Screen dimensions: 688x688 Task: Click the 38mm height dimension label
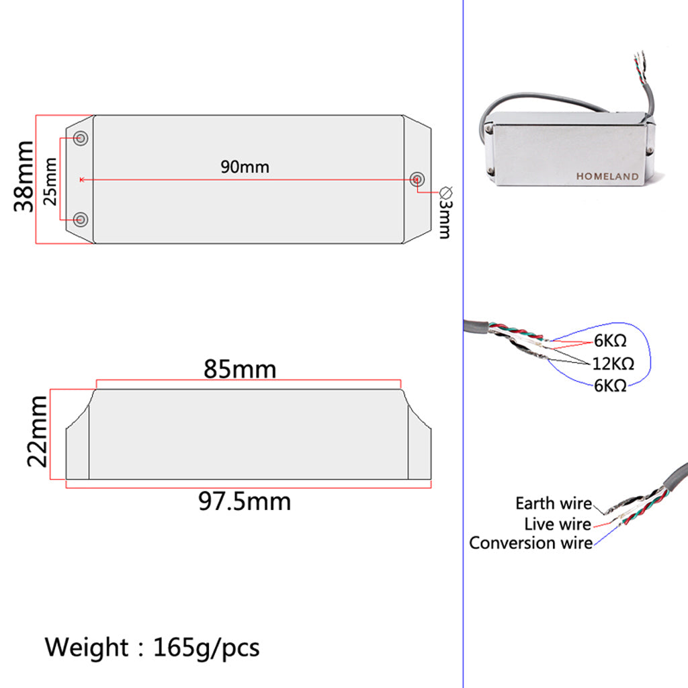coord(26,177)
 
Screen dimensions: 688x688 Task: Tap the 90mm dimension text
coord(245,167)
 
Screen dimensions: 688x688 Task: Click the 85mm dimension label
coord(240,370)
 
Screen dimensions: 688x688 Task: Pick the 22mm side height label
coord(38,431)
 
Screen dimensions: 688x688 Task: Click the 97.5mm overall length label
coord(245,501)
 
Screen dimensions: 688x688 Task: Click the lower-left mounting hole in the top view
coord(81,219)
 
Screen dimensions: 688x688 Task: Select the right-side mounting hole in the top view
coord(417,179)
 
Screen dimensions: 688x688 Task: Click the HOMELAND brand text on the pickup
coord(607,177)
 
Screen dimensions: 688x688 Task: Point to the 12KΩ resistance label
coord(613,363)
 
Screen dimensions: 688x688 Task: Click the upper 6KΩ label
coord(610,341)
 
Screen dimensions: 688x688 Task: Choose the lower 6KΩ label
coord(610,386)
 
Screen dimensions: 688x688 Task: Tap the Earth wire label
coord(553,503)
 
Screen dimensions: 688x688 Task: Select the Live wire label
coord(558,524)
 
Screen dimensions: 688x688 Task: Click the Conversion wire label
coord(531,543)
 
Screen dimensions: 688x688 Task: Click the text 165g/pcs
coord(206,648)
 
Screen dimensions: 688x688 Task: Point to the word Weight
coord(87,648)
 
